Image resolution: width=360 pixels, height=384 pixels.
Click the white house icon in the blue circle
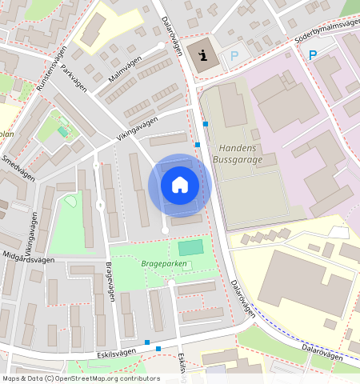(x=180, y=185)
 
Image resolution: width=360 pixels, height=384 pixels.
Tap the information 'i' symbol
(x=203, y=55)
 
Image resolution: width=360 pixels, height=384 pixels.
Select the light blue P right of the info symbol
(x=234, y=56)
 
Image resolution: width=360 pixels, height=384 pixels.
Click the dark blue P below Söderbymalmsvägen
(x=312, y=55)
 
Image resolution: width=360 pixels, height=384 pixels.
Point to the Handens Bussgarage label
(x=238, y=154)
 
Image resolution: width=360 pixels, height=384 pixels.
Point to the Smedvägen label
(x=18, y=168)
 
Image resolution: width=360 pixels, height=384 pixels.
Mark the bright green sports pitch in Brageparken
(x=190, y=248)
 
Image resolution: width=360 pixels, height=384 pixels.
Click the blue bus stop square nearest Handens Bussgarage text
(x=198, y=144)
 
